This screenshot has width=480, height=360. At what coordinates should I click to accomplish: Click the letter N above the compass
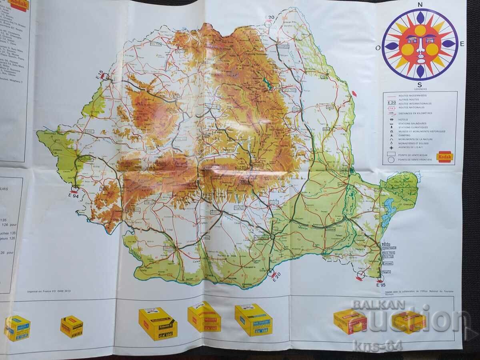point(420,4)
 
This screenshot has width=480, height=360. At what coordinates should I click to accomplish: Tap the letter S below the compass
point(420,84)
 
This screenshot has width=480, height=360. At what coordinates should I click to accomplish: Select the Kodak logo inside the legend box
point(444,157)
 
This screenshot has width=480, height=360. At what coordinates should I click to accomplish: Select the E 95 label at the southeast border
point(380,285)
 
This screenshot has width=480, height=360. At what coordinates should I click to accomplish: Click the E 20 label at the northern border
point(270,17)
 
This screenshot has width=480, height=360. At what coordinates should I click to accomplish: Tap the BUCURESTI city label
point(262,237)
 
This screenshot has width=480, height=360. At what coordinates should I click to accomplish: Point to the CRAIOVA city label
point(170,248)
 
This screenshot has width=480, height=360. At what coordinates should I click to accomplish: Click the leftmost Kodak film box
point(17,328)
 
